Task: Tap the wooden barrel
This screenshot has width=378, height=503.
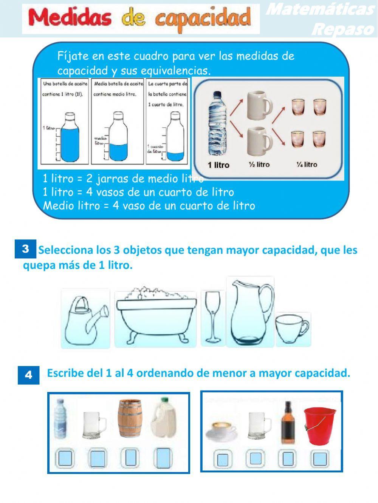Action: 130,418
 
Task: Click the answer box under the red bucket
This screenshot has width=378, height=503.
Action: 320,458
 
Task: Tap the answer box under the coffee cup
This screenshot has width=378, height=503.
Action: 223,459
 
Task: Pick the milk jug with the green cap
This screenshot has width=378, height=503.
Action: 164,418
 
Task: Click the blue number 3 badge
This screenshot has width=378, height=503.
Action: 26,249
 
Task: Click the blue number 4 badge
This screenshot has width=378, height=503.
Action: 28,375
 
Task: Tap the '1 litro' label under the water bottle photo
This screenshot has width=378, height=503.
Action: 218,165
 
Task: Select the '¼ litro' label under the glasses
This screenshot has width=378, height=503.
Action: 307,165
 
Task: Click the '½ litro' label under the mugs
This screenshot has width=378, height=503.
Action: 259,165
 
